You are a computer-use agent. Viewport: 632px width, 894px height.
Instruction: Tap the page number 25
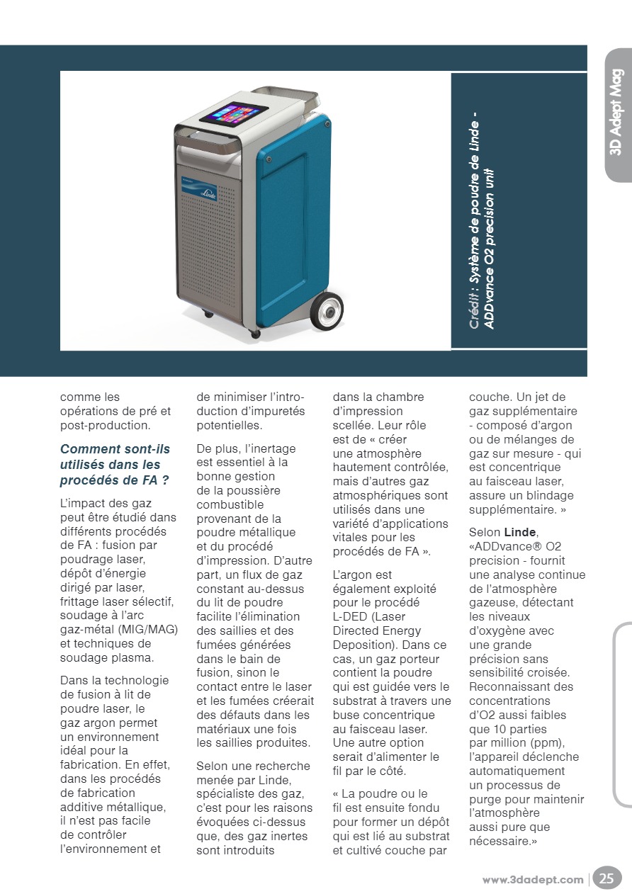pos(606,879)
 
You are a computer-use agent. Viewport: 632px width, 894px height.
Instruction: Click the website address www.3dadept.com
pos(533,880)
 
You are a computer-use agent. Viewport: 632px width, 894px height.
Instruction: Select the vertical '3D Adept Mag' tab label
pos(616,112)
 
